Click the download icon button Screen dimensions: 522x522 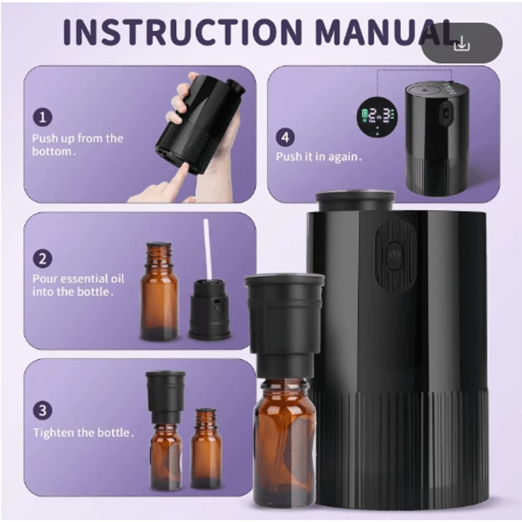tap(461, 44)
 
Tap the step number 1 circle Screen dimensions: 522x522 tap(42, 117)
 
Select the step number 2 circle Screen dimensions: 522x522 tap(42, 258)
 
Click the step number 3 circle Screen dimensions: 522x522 tap(42, 410)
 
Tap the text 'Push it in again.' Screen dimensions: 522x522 tap(318, 157)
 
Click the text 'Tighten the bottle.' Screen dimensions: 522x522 tap(84, 432)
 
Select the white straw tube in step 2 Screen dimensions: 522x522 tap(207, 248)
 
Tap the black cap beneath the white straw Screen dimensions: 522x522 tap(209, 310)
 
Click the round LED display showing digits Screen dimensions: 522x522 tap(377, 118)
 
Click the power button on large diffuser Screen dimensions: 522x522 tap(395, 255)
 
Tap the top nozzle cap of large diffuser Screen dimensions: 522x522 tap(356, 200)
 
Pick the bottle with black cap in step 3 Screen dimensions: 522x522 tap(166, 431)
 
